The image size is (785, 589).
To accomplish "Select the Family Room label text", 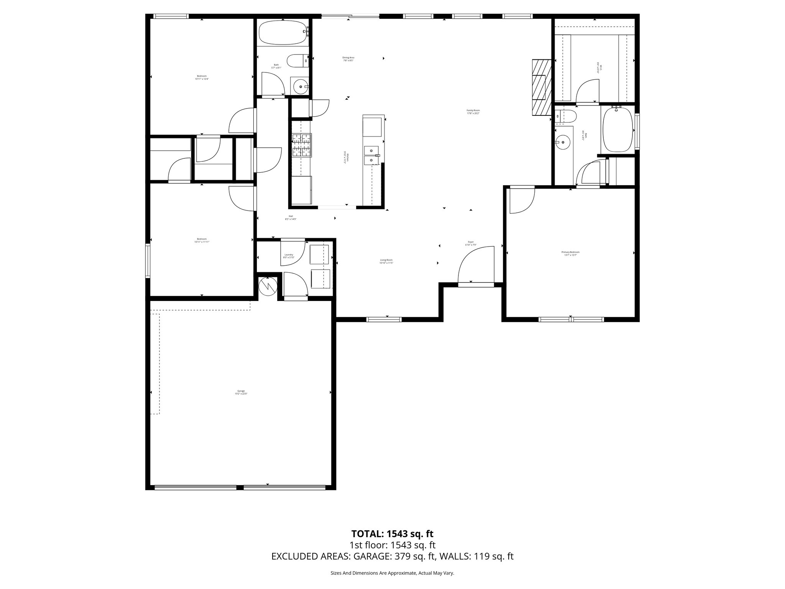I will pos(473,112).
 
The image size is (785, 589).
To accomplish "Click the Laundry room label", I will pos(289,256).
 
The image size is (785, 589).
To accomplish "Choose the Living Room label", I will pos(386,261).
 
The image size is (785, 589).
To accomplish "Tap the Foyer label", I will pos(471,243).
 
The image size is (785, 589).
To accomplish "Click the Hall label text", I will pos(291,217).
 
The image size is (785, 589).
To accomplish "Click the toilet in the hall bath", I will pos(298,61).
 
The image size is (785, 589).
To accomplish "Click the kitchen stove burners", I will pos(302,145).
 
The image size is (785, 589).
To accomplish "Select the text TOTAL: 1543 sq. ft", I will pos(392,534).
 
